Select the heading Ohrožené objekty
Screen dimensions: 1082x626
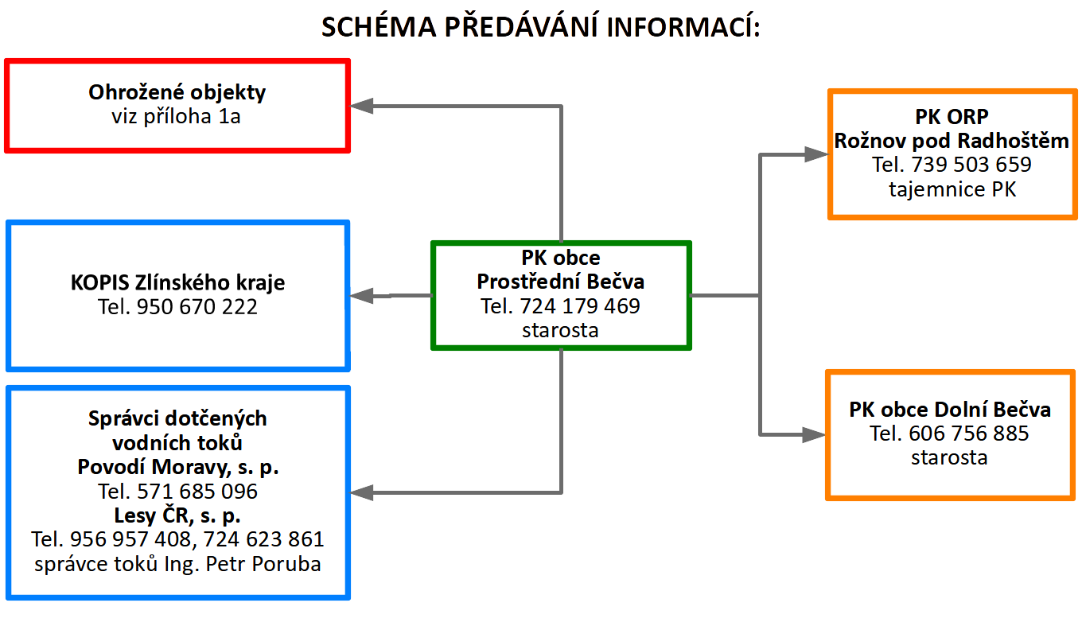(177, 92)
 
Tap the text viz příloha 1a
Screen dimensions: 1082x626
(177, 117)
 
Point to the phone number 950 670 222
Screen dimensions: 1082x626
(197, 307)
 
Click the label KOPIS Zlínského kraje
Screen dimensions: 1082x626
(177, 282)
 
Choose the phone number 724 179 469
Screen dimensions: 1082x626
(580, 306)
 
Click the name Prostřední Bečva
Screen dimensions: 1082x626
(560, 282)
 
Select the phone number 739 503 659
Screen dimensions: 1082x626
(971, 165)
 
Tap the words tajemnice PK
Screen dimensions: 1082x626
(952, 189)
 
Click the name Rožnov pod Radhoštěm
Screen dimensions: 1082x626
(952, 141)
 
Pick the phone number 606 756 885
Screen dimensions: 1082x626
(968, 434)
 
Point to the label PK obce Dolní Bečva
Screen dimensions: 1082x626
(950, 410)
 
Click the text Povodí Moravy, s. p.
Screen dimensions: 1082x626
(177, 467)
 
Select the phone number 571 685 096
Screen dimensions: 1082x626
(197, 492)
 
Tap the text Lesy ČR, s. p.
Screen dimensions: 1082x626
(177, 515)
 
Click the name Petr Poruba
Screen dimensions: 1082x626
(263, 564)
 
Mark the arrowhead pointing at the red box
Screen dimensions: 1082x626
(361, 106)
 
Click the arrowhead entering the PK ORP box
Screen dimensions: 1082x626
(816, 154)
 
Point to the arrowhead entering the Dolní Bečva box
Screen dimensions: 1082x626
(814, 435)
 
